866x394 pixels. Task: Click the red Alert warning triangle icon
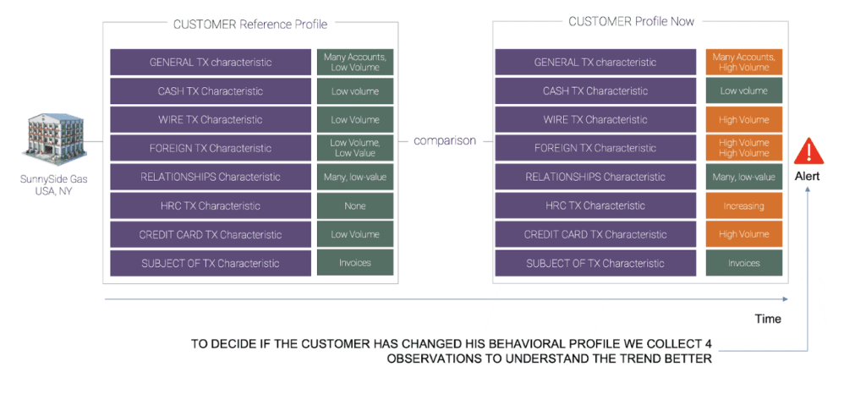click(x=808, y=152)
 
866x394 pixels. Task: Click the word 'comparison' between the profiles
click(x=444, y=140)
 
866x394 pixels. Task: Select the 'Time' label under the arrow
click(x=768, y=319)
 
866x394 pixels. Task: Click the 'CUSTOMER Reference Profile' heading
click(x=249, y=24)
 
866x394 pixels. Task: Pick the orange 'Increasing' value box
click(x=743, y=205)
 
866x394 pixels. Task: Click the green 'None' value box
click(x=355, y=205)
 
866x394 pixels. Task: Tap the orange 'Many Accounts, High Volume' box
click(x=743, y=62)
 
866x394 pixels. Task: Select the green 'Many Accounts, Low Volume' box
click(x=355, y=62)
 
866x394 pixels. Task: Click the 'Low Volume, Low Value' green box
click(x=355, y=148)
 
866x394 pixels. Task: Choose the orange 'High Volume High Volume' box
click(x=743, y=148)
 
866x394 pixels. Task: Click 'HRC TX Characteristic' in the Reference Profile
click(x=211, y=205)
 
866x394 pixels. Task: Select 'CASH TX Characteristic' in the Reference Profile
click(x=211, y=90)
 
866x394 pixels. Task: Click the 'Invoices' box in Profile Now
click(x=743, y=263)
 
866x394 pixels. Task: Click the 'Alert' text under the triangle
click(x=808, y=177)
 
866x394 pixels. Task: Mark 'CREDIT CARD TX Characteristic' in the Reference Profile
click(x=211, y=234)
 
